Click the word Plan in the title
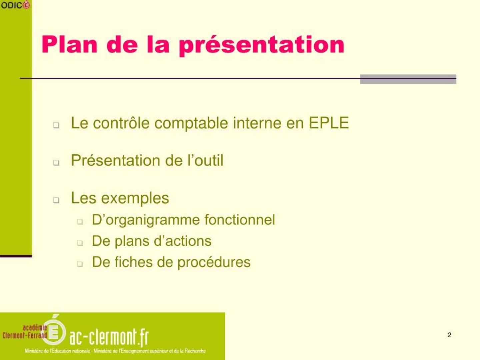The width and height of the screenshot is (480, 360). (69, 44)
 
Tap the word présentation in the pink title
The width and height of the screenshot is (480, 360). (262, 46)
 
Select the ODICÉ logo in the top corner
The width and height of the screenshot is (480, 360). (15, 5)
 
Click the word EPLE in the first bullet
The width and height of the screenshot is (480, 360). (329, 123)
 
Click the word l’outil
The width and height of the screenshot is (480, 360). (206, 160)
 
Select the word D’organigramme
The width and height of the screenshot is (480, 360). (146, 220)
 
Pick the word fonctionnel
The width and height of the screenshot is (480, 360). (240, 219)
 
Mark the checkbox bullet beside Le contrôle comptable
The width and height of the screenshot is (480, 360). (56, 125)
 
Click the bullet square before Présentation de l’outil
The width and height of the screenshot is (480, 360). (56, 163)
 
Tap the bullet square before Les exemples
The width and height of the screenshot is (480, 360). (56, 200)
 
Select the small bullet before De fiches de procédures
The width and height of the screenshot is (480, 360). (80, 264)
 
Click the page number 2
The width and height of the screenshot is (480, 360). (449, 335)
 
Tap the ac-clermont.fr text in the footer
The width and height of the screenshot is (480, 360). (109, 338)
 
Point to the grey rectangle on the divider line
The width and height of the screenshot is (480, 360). (408, 79)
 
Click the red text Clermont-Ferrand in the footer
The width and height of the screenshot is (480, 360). (25, 335)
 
